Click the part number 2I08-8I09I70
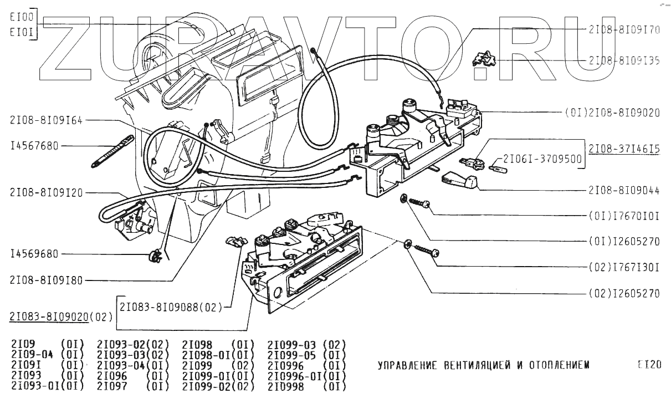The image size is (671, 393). [624, 30]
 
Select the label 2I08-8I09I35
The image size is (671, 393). [624, 60]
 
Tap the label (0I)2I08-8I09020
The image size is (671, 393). [612, 113]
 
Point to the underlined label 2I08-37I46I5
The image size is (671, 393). [624, 149]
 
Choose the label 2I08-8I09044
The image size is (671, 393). [624, 190]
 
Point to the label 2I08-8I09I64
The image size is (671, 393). [46, 120]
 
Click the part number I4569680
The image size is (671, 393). [34, 254]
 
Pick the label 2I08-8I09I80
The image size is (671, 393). [46, 280]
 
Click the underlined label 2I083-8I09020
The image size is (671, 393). [49, 317]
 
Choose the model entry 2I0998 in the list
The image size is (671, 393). [285, 387]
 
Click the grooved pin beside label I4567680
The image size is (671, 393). [113, 151]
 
